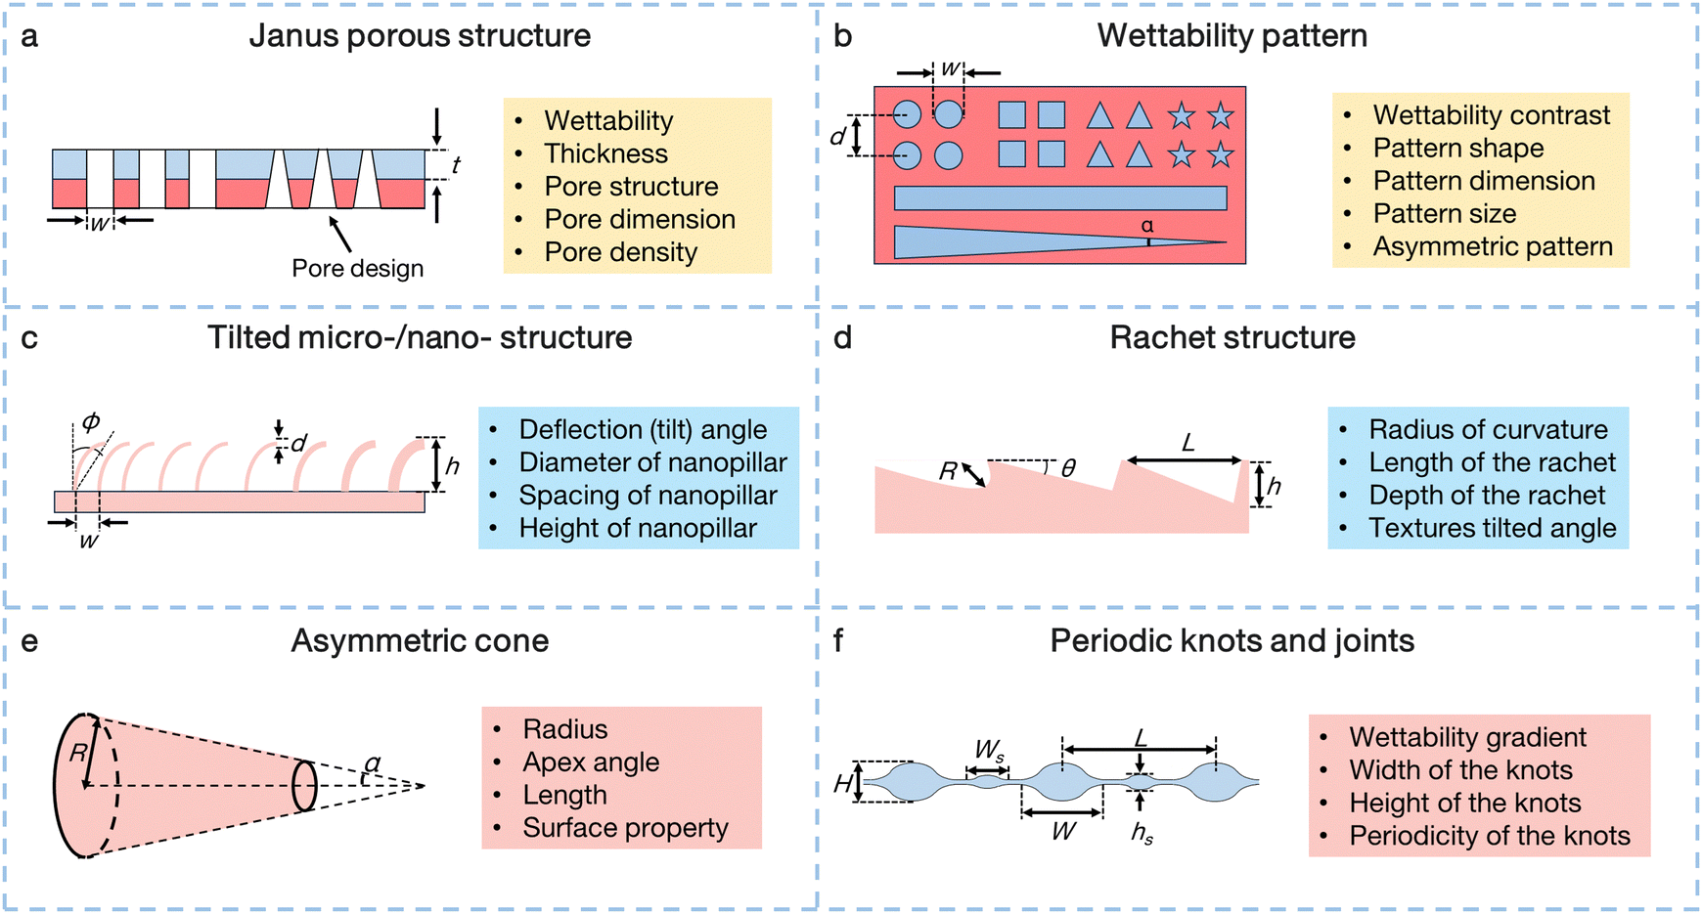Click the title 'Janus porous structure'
[x=420, y=36]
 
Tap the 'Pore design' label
[x=357, y=269]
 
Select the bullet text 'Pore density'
[x=620, y=252]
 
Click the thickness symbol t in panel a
[x=456, y=165]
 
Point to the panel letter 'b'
[x=842, y=36]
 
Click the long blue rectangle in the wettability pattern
[x=1059, y=198]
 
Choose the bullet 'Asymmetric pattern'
[x=1492, y=246]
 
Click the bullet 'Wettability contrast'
[x=1491, y=115]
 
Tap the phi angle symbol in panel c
[x=91, y=422]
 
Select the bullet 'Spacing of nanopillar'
[x=648, y=496]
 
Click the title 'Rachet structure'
[x=1232, y=338]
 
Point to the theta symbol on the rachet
[x=1068, y=469]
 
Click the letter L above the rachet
[x=1187, y=444]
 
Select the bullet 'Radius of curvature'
[x=1488, y=430]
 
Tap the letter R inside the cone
[x=78, y=754]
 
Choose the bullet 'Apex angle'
[x=591, y=762]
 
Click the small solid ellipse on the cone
[x=305, y=785]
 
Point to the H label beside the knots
[x=843, y=784]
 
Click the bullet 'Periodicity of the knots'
[x=1489, y=837]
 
